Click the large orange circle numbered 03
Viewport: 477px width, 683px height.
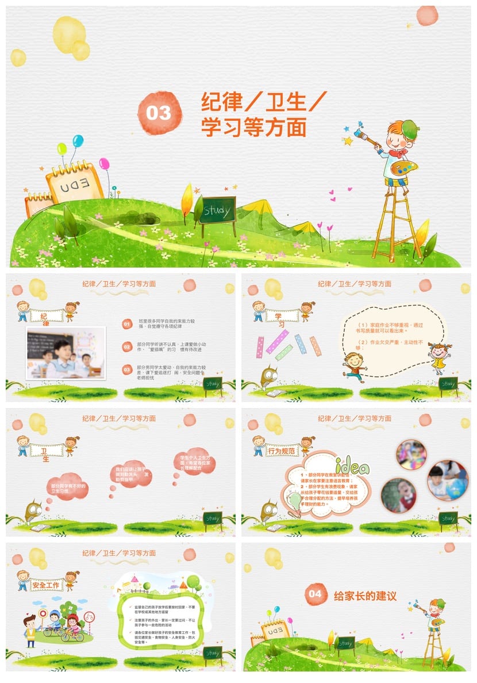click(159, 113)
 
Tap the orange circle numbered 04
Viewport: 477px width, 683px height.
click(316, 594)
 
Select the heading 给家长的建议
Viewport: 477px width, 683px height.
click(365, 596)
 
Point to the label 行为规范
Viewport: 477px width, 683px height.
click(282, 452)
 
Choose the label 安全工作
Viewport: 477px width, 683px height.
click(47, 586)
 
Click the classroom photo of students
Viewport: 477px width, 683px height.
click(66, 353)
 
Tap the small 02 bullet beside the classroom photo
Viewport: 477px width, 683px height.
click(127, 346)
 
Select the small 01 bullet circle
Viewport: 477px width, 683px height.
click(127, 325)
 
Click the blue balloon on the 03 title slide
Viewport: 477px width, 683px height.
click(78, 140)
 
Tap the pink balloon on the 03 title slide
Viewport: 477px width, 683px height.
click(104, 164)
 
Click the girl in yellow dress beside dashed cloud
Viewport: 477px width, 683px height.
click(439, 357)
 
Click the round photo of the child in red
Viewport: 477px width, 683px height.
click(398, 495)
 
